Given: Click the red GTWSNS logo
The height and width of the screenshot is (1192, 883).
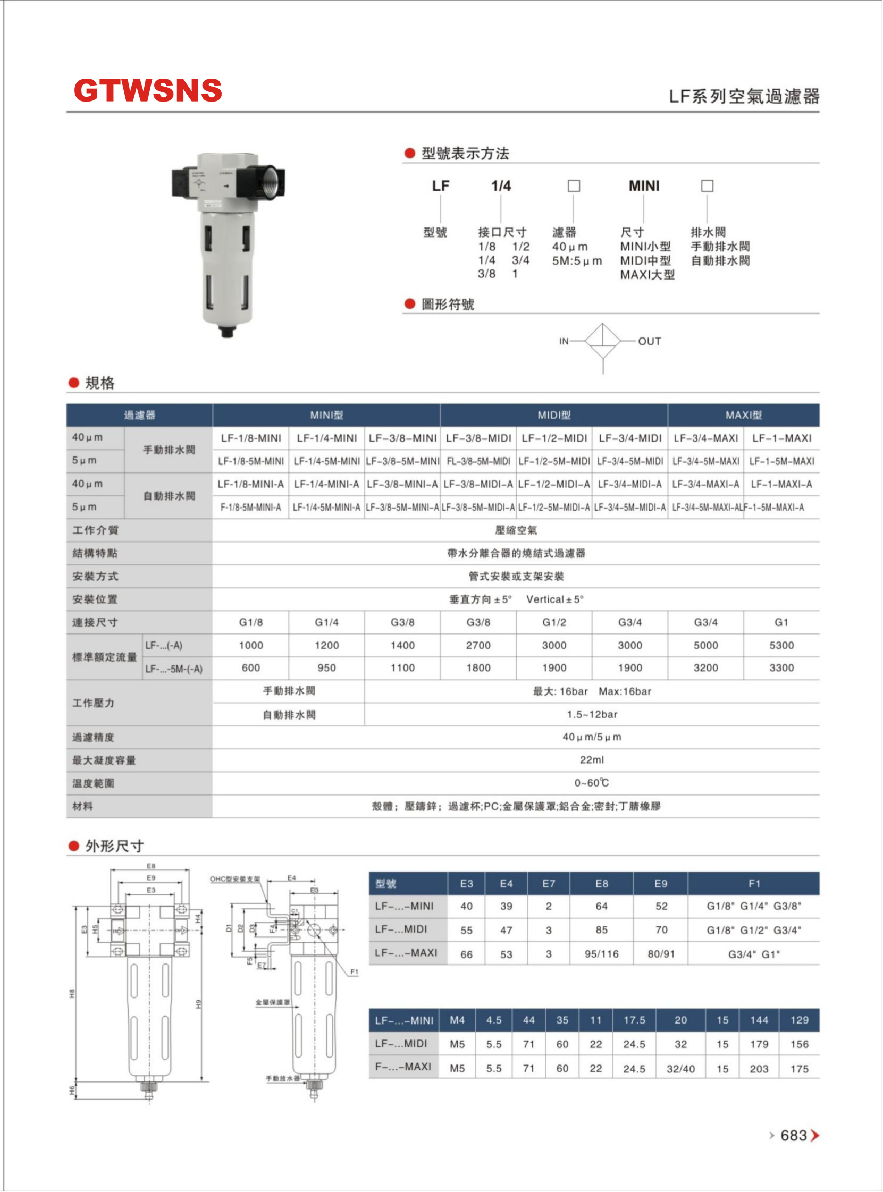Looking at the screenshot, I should point(148,90).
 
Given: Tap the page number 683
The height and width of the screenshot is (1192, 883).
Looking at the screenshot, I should point(793,1135).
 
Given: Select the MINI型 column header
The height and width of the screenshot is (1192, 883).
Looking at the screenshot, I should point(326,415).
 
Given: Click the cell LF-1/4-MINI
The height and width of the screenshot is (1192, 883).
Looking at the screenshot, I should point(326,438).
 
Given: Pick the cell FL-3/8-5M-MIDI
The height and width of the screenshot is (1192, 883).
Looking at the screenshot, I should point(478,461).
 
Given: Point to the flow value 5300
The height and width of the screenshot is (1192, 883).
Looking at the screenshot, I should point(781,645).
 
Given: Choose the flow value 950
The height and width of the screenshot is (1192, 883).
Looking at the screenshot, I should point(326,668).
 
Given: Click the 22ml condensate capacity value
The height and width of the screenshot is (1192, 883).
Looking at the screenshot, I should point(592,760).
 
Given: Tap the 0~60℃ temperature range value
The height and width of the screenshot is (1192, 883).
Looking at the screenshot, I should point(592,783).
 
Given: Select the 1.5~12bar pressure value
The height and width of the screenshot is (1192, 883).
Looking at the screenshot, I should point(592,714).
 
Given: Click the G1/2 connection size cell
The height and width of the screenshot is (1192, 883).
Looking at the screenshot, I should point(554,622).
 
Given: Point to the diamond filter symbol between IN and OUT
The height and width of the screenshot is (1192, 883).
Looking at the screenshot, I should point(603,341).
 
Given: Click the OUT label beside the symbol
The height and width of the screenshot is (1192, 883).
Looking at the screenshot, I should point(650,341).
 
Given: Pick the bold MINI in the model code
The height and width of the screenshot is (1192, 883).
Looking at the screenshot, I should point(644,186).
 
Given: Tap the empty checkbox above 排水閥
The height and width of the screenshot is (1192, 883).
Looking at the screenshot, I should point(707,186).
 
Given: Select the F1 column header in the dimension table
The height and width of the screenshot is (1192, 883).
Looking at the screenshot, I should point(754,884).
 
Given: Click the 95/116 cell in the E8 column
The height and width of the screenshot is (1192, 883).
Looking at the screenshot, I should point(601,954).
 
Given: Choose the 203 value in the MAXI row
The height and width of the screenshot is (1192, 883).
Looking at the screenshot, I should point(759,1069).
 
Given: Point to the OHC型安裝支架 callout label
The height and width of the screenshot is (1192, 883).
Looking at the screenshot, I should point(234,879).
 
